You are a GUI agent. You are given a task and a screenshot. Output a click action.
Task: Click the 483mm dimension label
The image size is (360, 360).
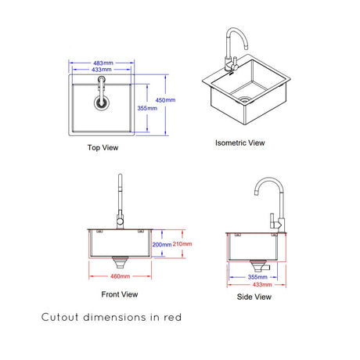pos(103,63)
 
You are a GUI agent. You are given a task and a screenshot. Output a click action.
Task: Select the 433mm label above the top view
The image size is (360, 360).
pos(102,70)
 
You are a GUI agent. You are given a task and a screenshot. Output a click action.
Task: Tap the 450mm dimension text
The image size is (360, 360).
pos(165,100)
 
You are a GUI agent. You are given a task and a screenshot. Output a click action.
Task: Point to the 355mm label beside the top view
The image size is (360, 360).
pos(147,108)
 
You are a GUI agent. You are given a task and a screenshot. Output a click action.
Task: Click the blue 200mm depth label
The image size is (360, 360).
pos(162,244)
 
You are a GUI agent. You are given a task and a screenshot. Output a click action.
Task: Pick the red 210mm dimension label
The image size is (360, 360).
pos(182,244)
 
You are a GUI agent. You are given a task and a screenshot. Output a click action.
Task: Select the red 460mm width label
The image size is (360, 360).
pos(120,276)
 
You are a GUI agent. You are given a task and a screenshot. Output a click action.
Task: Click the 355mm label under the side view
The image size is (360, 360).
pos(257,277)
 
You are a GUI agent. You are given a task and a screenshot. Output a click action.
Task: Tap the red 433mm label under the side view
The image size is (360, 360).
pos(262,284)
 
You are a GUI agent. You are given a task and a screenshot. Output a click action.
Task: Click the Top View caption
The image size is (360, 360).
pos(103,148)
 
